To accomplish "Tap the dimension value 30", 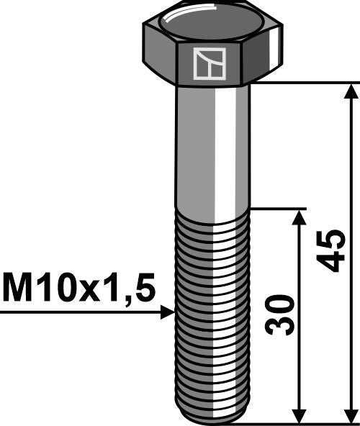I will coord(280,314).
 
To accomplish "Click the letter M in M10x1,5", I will coord(19,289).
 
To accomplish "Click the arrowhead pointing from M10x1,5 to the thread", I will coord(169,312).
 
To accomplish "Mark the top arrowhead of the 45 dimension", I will coord(351,91).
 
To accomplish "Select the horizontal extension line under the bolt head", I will coord(302,83).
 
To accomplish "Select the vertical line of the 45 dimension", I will coord(351,180).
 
